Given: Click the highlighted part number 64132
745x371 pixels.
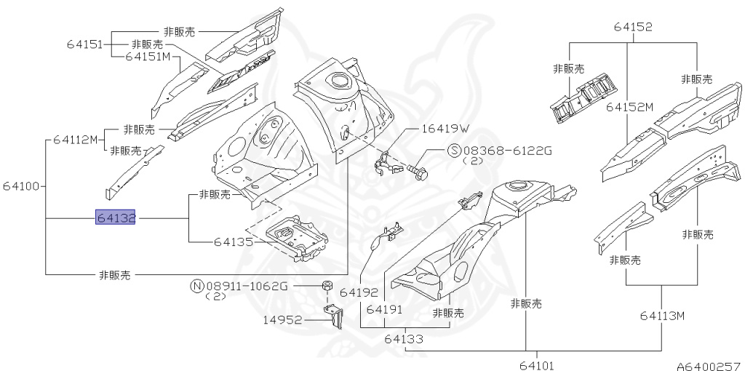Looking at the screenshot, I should (x=116, y=218).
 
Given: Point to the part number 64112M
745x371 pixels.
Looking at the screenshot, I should (x=74, y=140).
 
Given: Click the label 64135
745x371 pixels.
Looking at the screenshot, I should (x=234, y=242).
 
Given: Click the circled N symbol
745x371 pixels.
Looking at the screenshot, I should (x=196, y=286).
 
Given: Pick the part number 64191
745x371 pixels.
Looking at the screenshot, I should (x=385, y=309).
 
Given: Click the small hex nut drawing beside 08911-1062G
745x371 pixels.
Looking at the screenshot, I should (x=327, y=284).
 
